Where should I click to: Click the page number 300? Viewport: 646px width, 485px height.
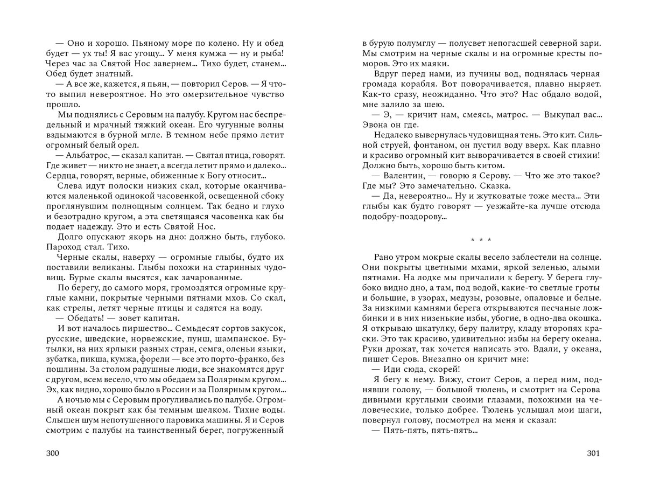pyautogui.click(x=52, y=453)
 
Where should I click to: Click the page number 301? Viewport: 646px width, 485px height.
pyautogui.click(x=593, y=453)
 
